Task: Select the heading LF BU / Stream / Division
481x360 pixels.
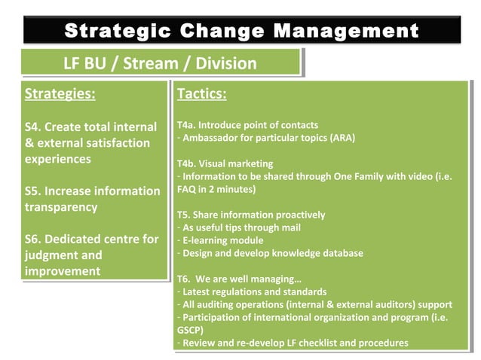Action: coord(160,63)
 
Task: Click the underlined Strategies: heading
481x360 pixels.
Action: coord(60,95)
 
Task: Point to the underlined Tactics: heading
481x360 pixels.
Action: coord(201,95)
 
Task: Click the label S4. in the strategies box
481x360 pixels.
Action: coord(37,127)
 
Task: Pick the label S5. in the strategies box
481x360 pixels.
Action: coord(37,191)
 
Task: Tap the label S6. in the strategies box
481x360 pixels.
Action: coord(37,239)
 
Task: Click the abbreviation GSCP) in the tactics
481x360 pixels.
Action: coord(190,330)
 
